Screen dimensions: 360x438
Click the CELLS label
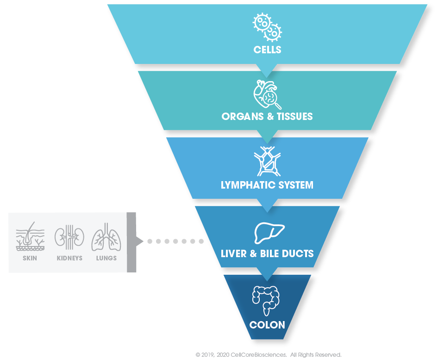coord(267,50)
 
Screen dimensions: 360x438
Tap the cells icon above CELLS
coord(267,27)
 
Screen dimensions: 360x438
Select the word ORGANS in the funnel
coord(243,116)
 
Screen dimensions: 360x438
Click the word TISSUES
coord(294,116)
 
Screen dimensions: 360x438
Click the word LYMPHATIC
coord(244,185)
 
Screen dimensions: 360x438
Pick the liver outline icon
coord(269,233)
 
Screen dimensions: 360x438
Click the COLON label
coord(267,325)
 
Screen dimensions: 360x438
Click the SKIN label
coord(30,258)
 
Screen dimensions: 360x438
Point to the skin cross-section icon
coord(30,237)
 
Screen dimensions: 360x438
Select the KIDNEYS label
coord(69,258)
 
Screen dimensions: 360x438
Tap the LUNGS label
coord(106,258)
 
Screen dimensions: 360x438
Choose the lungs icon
coord(106,237)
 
